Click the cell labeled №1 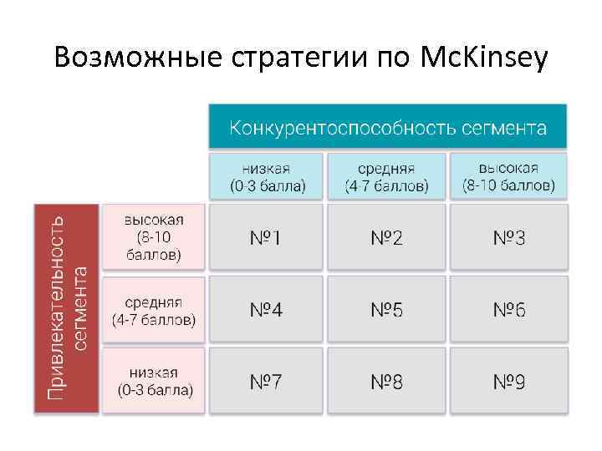click(266, 238)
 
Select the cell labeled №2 click(387, 238)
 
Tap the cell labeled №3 click(509, 238)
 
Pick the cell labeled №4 click(266, 311)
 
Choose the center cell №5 click(387, 311)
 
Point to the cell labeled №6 click(509, 311)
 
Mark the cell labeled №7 click(266, 383)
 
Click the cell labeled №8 click(387, 383)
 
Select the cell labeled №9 click(509, 383)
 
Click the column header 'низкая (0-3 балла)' click(267, 176)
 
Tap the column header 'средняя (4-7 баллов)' click(386, 176)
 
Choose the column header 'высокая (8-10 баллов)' click(508, 175)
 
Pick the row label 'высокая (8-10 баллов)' click(153, 237)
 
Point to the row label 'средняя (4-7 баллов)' click(153, 310)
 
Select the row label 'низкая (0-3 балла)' click(154, 382)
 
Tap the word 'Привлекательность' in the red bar click(55, 309)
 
